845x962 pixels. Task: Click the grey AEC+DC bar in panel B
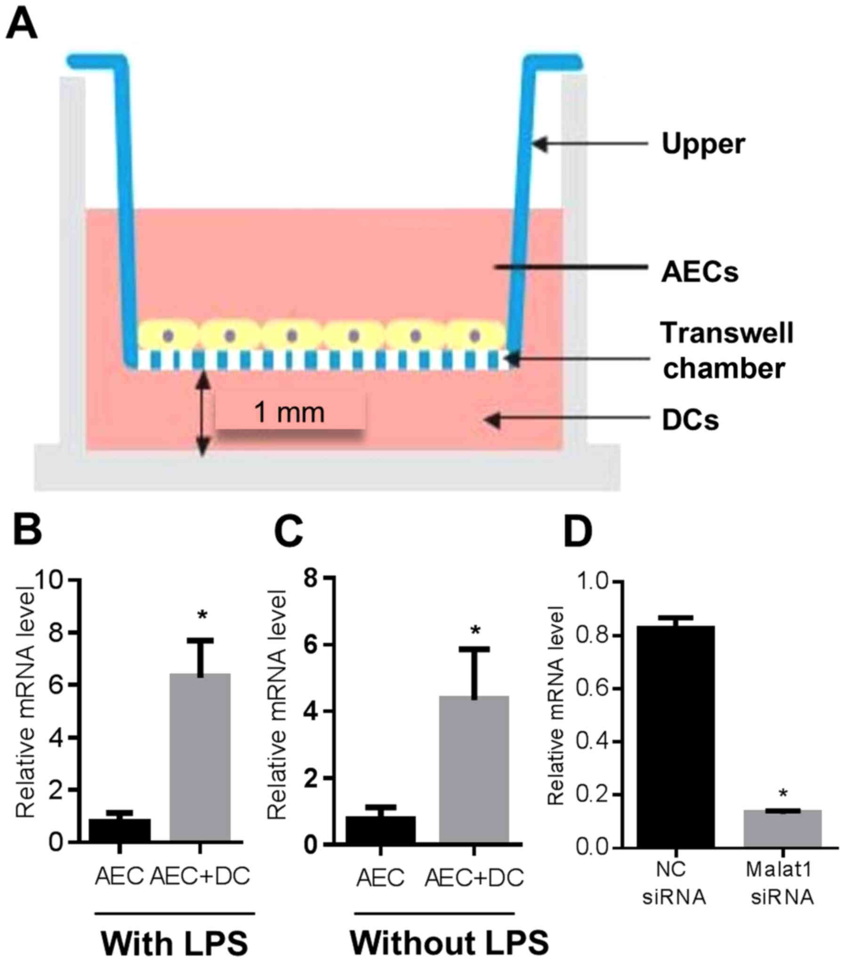click(x=200, y=758)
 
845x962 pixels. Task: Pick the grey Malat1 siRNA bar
click(x=782, y=828)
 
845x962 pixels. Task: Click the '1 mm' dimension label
click(x=289, y=413)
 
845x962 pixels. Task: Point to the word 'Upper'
click(x=703, y=144)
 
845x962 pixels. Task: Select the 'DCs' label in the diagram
click(x=690, y=420)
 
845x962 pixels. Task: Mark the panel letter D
click(x=578, y=531)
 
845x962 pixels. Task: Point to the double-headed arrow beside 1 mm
click(x=202, y=413)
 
